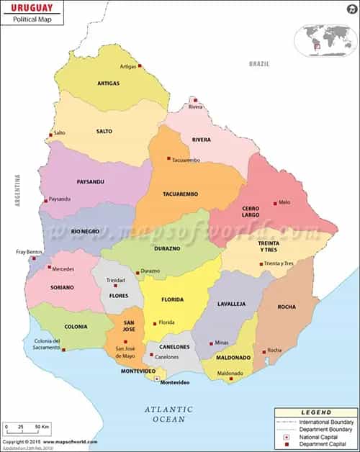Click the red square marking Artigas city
tap(140, 65)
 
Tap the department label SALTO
tap(104, 132)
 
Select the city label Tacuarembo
tap(186, 160)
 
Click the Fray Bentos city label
tap(30, 252)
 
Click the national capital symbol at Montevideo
tap(157, 378)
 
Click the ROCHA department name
tap(286, 307)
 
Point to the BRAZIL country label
tap(259, 64)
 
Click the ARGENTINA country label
tap(17, 190)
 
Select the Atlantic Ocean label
tap(168, 414)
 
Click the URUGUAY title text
tap(32, 6)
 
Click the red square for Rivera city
tap(194, 99)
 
